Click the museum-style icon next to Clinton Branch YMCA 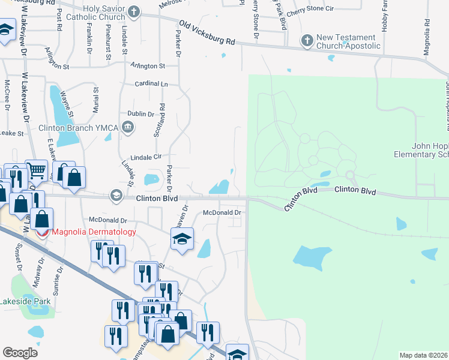pos(128,127)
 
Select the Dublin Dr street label pos(142,113)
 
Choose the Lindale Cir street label pos(142,157)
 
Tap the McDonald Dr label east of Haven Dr pos(221,212)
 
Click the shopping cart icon pos(36,172)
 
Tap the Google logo pos(20,352)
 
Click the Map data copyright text pos(424,355)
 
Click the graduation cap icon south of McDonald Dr pos(182,239)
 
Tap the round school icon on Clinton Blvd pos(116,196)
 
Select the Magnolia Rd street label pos(426,30)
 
